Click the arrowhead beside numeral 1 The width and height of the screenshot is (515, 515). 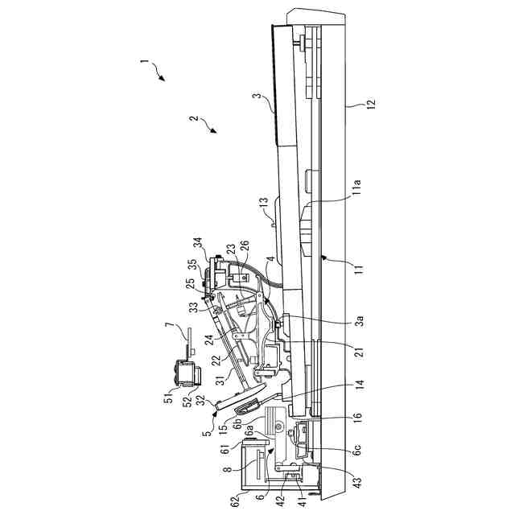pyautogui.click(x=163, y=79)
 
